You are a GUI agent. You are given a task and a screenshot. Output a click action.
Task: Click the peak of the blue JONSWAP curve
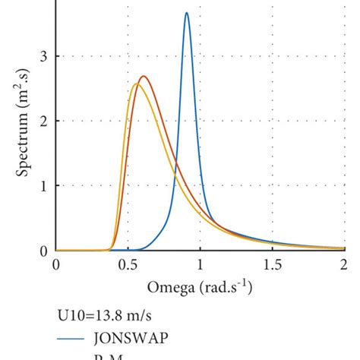pos(187,13)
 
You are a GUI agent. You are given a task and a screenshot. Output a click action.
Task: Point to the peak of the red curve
pos(143,76)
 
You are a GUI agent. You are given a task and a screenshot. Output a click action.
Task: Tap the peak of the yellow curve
pos(136,84)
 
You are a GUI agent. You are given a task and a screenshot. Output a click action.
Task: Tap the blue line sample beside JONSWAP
pos(73,339)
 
